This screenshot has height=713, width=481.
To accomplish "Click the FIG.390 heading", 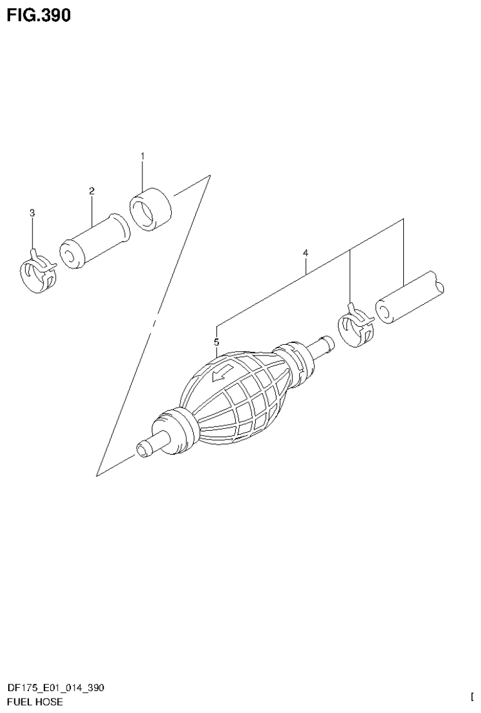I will pyautogui.click(x=39, y=15).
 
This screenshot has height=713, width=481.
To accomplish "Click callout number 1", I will pyautogui.click(x=142, y=156).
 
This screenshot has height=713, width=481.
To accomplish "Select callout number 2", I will pyautogui.click(x=92, y=191).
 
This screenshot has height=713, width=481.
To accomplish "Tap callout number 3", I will pyautogui.click(x=33, y=213).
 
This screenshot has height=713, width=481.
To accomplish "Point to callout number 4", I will pyautogui.click(x=305, y=253).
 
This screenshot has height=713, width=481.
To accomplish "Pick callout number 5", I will pyautogui.click(x=216, y=342).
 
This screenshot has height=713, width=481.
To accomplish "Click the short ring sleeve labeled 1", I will pyautogui.click(x=151, y=208).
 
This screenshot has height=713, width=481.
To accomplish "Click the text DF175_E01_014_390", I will pyautogui.click(x=56, y=688).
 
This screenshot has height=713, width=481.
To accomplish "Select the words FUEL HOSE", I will pyautogui.click(x=35, y=702).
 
